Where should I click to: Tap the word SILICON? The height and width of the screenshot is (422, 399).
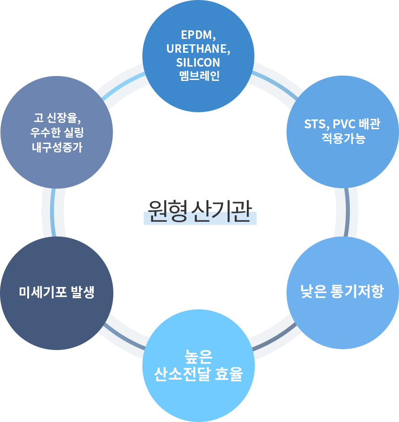tap(198, 63)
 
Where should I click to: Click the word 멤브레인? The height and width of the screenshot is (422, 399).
tap(198, 76)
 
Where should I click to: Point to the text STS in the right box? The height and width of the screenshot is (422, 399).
tap(314, 124)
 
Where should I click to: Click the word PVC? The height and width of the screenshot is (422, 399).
tap(344, 124)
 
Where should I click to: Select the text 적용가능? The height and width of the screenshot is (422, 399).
tap(343, 139)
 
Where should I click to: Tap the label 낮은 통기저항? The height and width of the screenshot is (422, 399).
tap(342, 292)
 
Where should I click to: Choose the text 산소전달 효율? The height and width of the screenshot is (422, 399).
tap(199, 374)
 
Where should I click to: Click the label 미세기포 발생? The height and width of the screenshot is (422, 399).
tap(57, 292)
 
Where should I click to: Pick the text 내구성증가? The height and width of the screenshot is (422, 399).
tap(57, 148)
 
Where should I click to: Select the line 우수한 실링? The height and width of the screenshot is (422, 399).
tap(57, 133)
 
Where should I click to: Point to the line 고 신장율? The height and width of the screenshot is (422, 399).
tap(57, 118)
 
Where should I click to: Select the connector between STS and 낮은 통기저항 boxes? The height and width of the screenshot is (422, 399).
tap(346, 212)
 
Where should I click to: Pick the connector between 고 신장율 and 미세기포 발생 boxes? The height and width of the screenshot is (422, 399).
tap(53, 212)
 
